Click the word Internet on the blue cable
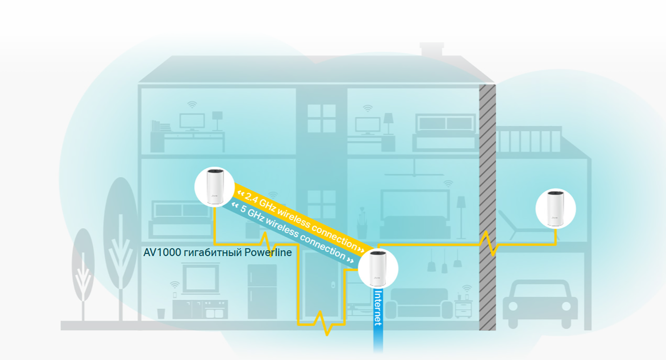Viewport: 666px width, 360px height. click(x=378, y=308)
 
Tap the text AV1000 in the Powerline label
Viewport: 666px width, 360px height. click(x=162, y=253)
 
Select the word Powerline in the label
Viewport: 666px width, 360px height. click(x=268, y=253)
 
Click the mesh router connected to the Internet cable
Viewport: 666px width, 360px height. click(x=378, y=268)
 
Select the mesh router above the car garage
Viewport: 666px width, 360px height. click(x=555, y=209)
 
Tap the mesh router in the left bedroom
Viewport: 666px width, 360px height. click(x=215, y=187)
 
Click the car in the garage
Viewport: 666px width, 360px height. click(x=540, y=304)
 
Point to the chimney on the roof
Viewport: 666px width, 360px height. click(x=432, y=49)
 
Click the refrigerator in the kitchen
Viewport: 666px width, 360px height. click(x=262, y=292)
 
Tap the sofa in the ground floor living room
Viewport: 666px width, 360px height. click(x=419, y=303)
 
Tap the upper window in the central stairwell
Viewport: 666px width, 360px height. click(x=321, y=118)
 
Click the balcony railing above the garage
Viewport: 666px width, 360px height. click(x=528, y=139)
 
